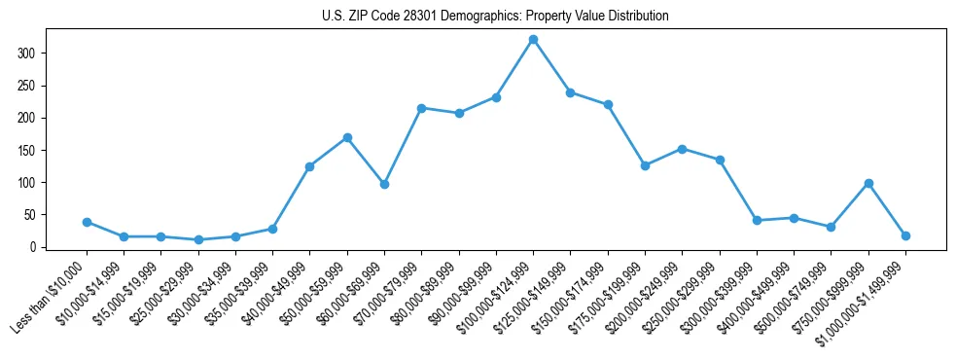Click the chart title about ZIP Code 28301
[495, 17]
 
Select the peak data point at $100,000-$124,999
[533, 40]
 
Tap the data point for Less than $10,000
[87, 222]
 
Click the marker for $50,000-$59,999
[347, 137]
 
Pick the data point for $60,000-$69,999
[384, 184]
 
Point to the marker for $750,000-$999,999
[868, 183]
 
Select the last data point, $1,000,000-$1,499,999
[905, 235]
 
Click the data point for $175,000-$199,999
[645, 165]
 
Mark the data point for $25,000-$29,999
[198, 239]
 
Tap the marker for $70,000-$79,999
[421, 108]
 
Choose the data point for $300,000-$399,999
[757, 220]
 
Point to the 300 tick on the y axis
[36, 53]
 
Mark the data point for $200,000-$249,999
[682, 149]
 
